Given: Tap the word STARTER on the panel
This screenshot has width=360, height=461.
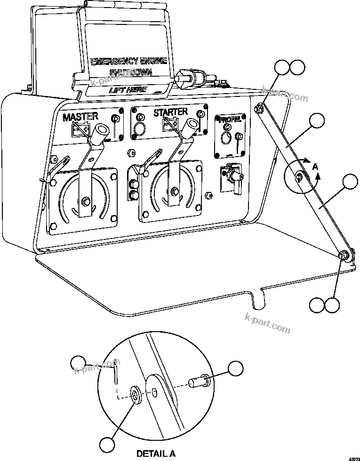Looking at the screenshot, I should pos(170,112).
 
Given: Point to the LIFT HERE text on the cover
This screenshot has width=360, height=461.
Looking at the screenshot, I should pos(128,89).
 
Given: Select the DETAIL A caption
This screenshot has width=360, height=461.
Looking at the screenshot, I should pos(156,453).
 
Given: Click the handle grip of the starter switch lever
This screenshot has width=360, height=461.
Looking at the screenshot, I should pos(191,128).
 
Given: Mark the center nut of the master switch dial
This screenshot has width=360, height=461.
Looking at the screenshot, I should pos(86,202).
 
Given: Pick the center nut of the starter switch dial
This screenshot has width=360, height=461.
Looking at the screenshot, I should pos(175,191).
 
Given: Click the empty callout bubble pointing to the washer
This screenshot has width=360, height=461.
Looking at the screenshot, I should pos(108,444).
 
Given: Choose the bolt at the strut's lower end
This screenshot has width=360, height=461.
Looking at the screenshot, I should pos(344,255).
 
